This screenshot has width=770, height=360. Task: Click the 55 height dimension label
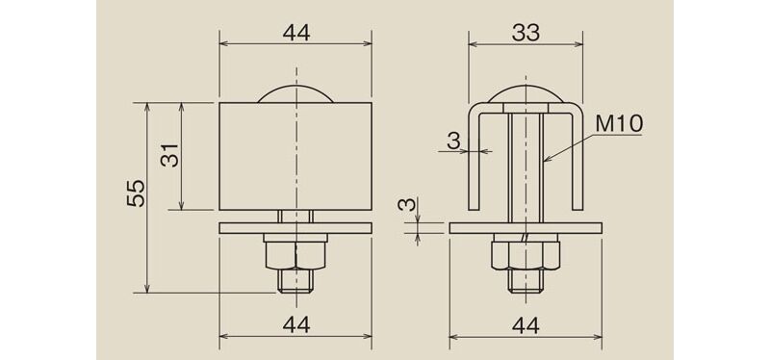coord(136,193)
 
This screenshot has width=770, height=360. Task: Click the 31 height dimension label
coord(170,156)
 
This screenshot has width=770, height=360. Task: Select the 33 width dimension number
coord(526,33)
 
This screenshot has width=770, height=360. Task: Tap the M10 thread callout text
coord(618,125)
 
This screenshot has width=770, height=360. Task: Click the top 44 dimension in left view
coord(296,33)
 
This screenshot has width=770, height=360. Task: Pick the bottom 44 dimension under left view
coord(296,325)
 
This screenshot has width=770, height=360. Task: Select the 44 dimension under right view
coord(526,325)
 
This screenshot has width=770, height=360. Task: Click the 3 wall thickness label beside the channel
coord(453,141)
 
